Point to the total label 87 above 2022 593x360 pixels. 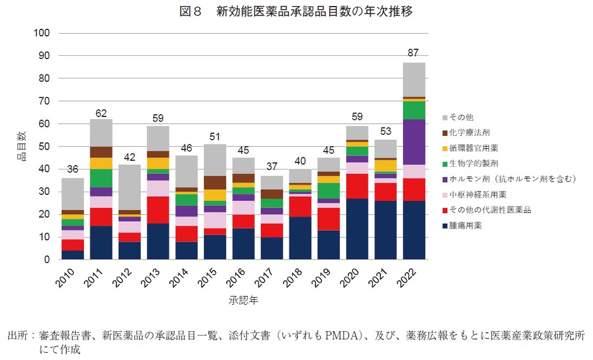[x=413, y=53]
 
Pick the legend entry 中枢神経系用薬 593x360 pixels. [x=479, y=194]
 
